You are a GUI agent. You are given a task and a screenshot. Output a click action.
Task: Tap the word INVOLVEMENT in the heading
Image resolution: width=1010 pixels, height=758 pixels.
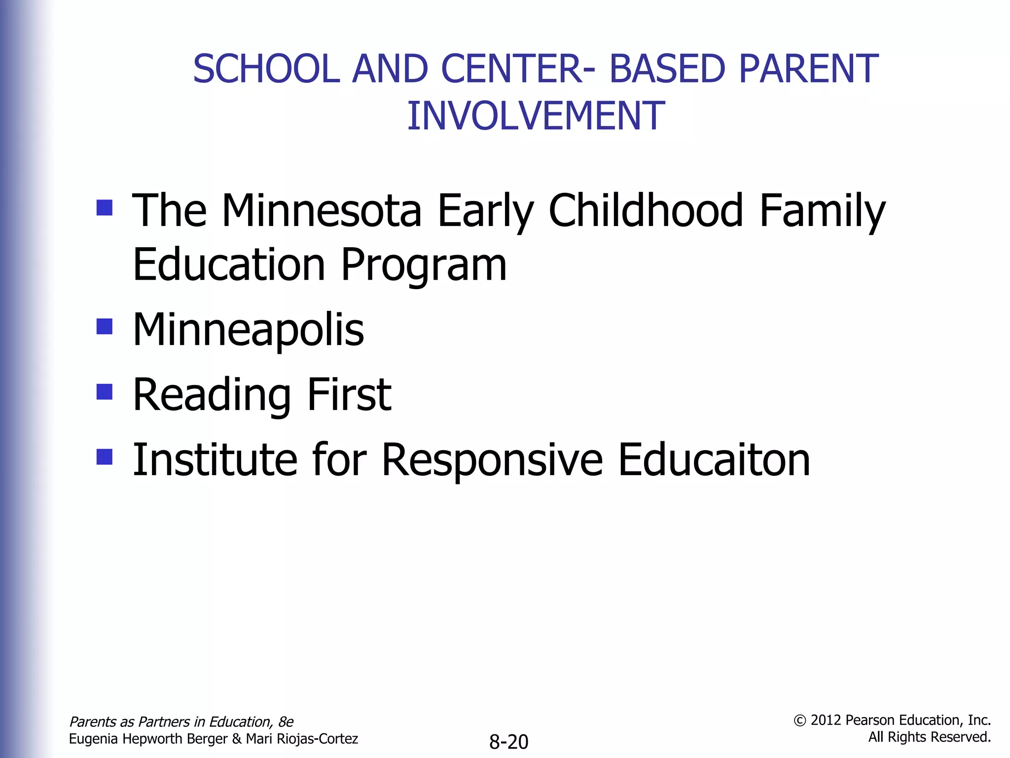pos(536,116)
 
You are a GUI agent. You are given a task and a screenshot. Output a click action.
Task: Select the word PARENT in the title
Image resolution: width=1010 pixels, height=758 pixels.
pos(808,69)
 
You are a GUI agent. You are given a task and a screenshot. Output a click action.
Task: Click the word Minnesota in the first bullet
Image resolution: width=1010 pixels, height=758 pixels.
pos(322,211)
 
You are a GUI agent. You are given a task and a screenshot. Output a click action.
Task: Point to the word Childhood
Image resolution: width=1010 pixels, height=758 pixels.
pos(646,211)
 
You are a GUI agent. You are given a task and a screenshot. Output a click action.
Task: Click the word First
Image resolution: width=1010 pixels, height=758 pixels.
pos(349,395)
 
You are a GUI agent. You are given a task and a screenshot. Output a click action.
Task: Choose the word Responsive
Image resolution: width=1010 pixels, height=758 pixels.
pos(492,461)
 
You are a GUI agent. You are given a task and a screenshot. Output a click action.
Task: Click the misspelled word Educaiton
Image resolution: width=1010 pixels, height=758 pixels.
pos(714,460)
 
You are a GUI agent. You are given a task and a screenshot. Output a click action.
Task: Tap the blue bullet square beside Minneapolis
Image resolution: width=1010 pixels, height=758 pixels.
pos(105,326)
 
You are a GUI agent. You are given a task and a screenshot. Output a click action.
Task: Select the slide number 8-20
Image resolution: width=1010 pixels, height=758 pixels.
pos(508,742)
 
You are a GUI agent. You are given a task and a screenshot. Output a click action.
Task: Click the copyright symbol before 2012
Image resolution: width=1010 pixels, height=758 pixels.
pos(799,720)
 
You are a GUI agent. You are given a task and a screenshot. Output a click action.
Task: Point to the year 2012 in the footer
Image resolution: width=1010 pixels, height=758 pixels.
pos(826,720)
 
